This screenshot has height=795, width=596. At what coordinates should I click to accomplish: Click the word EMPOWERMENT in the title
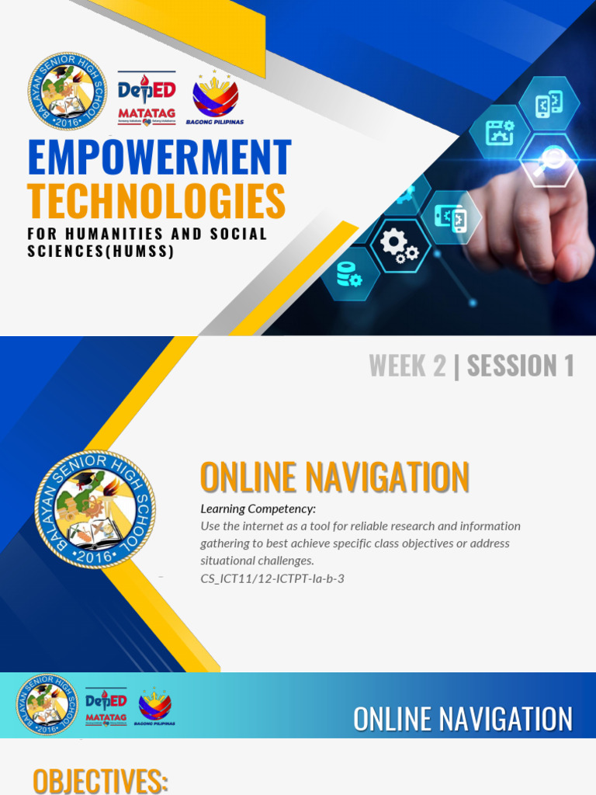coord(159,158)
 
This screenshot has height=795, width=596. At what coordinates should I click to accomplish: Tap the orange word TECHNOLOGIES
coord(156,201)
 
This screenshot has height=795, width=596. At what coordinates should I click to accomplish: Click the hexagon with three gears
coord(399,246)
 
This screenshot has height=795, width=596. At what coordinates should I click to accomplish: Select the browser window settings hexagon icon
coord(499,132)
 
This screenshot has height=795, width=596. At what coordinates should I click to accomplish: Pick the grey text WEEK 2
coord(407,366)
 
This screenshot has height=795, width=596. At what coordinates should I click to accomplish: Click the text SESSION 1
coord(520,366)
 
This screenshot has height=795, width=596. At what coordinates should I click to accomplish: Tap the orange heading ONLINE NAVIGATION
coord(334,477)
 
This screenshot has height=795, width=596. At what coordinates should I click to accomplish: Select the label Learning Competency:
coord(258,509)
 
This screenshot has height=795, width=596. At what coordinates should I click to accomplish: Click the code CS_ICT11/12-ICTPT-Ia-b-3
coord(272,578)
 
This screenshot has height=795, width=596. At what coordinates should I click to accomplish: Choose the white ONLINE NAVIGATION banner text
coord(463,719)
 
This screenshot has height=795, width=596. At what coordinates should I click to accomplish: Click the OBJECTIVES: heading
coord(101,780)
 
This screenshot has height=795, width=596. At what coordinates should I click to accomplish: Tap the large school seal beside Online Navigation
coord(95,509)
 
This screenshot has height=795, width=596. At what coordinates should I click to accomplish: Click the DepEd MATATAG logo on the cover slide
coord(146,98)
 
